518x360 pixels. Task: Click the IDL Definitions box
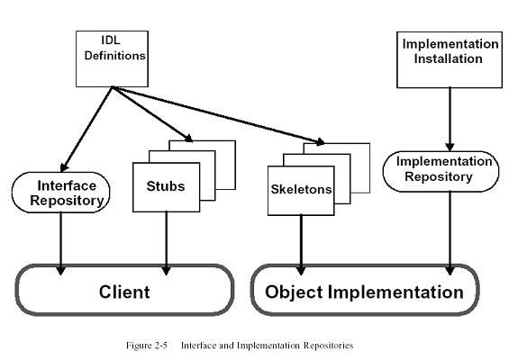coord(112,59)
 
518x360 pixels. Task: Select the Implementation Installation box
coord(450,59)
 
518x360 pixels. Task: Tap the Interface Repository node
coord(60,193)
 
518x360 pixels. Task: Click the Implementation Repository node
coord(441,172)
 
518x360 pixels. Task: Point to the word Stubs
coord(166,186)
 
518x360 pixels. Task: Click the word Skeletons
coord(301,189)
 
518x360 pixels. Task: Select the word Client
coord(124,292)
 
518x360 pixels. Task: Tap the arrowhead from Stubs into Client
coord(166,271)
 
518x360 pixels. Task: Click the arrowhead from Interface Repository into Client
coord(60,271)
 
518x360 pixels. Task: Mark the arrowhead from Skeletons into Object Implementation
coord(301,271)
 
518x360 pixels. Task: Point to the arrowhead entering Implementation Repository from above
coord(450,147)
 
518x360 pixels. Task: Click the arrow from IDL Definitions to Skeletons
coord(218,115)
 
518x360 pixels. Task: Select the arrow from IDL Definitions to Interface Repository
coord(86,129)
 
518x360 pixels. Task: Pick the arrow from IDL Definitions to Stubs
coord(152,114)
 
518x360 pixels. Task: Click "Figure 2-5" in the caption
coord(147,346)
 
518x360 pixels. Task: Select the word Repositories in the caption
coord(329,346)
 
